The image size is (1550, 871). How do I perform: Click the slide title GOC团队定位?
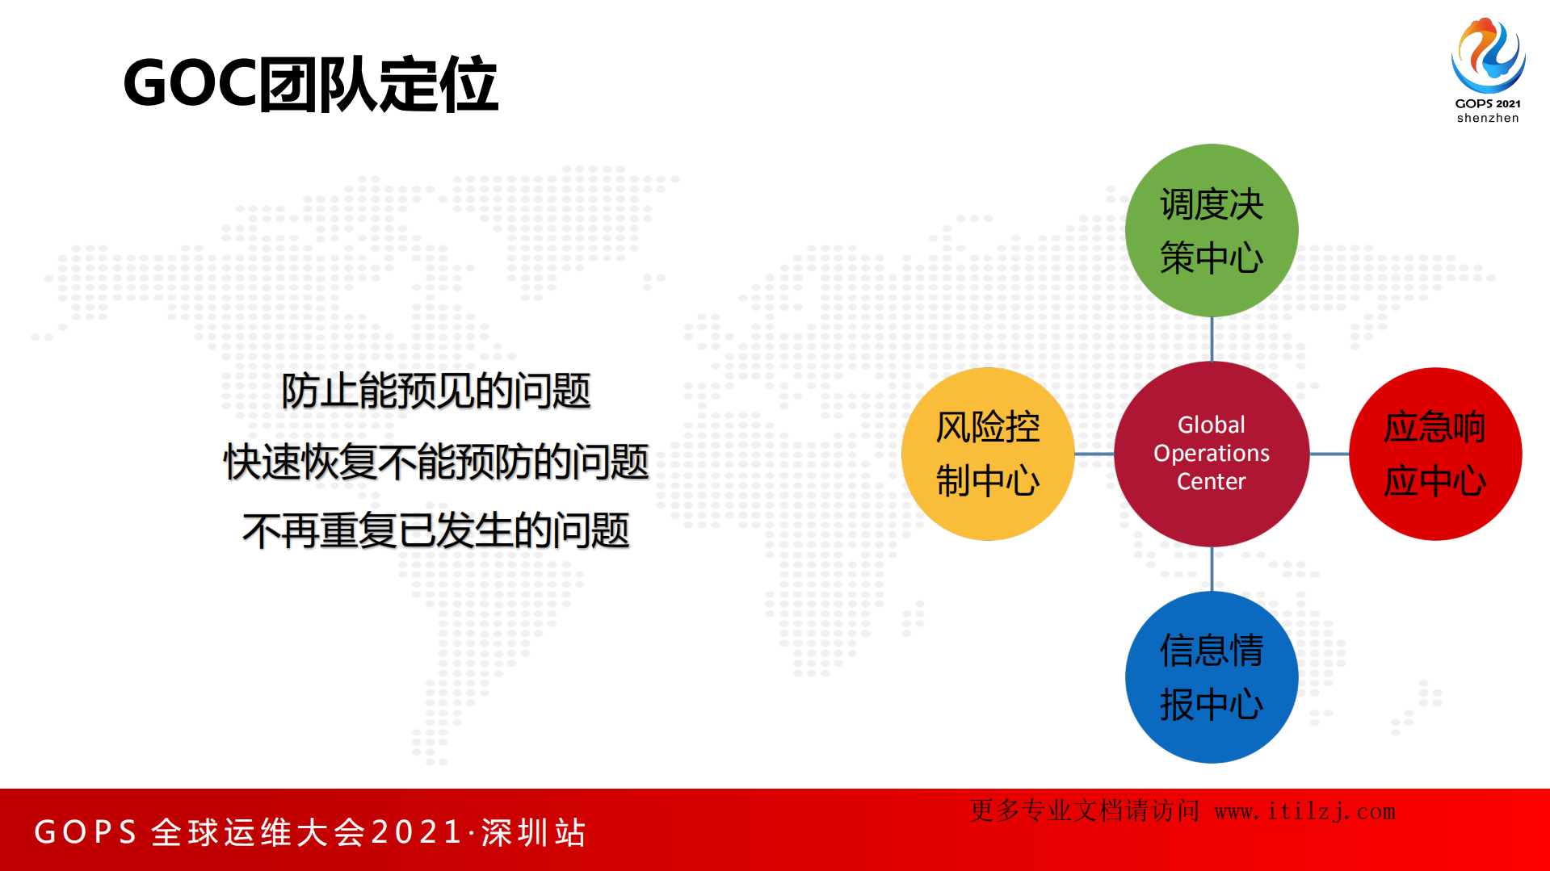coord(310,84)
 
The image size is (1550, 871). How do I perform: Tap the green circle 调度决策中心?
coord(1211,230)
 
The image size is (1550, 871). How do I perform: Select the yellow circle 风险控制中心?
coord(987,454)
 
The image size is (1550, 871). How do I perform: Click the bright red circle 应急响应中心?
coord(1435,454)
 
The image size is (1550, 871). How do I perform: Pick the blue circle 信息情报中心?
coord(1211,677)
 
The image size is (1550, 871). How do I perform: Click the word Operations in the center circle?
coord(1211,453)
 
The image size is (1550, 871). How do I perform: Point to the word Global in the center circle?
coord(1211,425)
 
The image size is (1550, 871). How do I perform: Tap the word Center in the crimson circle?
coord(1211,481)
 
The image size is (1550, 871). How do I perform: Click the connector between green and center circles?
coord(1212,339)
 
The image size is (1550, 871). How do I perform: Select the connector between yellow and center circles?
coord(1094,454)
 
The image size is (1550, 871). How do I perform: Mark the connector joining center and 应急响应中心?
coord(1329,454)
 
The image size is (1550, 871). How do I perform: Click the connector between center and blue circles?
coord(1212,569)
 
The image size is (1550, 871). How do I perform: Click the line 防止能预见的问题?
coord(435,391)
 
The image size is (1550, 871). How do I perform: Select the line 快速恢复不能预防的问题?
coord(435,462)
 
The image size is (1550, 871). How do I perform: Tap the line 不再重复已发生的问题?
coord(435,531)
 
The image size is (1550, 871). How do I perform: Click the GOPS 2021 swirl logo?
coord(1488,55)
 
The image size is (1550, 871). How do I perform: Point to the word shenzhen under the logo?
coord(1488,118)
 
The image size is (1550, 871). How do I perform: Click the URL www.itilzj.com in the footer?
coord(1304,811)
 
